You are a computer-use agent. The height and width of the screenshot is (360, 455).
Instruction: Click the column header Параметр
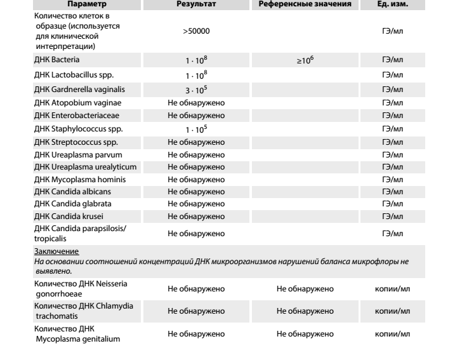tap(74, 4)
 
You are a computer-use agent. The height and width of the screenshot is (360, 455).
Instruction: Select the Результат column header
tap(195, 4)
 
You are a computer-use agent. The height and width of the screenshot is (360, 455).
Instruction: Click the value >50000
tap(195, 30)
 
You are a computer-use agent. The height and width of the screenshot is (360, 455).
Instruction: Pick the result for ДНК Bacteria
tap(195, 60)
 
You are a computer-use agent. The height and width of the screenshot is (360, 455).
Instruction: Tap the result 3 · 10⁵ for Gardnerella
tap(195, 90)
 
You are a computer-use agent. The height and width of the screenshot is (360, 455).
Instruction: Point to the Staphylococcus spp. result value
tap(195, 129)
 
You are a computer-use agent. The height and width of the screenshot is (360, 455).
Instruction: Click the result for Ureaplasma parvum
tap(195, 154)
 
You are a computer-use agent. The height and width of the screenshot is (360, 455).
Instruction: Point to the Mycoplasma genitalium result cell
tap(195, 333)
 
